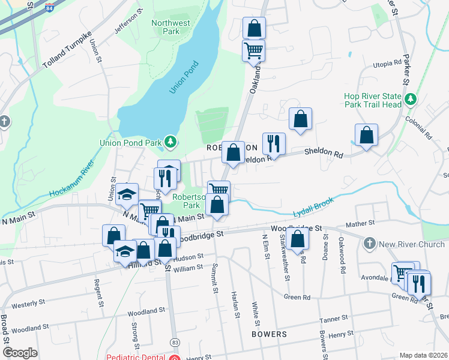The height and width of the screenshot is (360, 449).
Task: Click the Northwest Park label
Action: (171, 27)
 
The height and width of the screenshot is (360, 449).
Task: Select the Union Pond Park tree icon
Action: (171, 142)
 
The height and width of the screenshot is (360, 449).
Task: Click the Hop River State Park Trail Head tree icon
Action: (411, 98)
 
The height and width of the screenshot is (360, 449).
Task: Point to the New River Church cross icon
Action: (369, 244)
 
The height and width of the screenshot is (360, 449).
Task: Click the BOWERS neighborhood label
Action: (269, 334)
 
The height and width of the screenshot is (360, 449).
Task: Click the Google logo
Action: (20, 353)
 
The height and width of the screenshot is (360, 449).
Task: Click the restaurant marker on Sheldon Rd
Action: (274, 143)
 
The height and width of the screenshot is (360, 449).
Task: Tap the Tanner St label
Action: (334, 319)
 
